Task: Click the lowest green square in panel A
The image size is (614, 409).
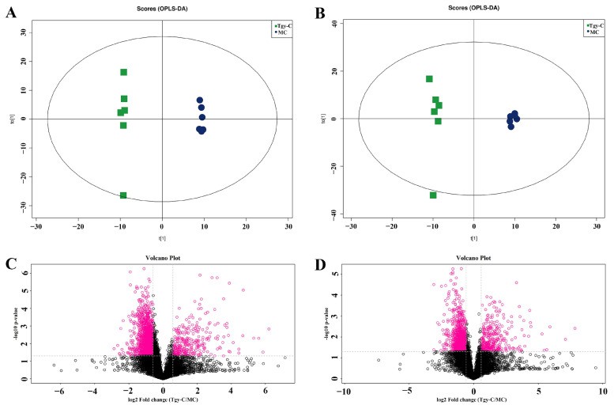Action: click(x=123, y=195)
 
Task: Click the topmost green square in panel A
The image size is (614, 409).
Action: click(x=124, y=73)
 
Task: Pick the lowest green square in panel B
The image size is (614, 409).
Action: click(x=433, y=195)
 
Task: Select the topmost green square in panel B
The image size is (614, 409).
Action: click(x=429, y=79)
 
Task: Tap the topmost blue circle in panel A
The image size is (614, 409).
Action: click(x=200, y=100)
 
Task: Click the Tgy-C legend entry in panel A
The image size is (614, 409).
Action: click(x=282, y=26)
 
